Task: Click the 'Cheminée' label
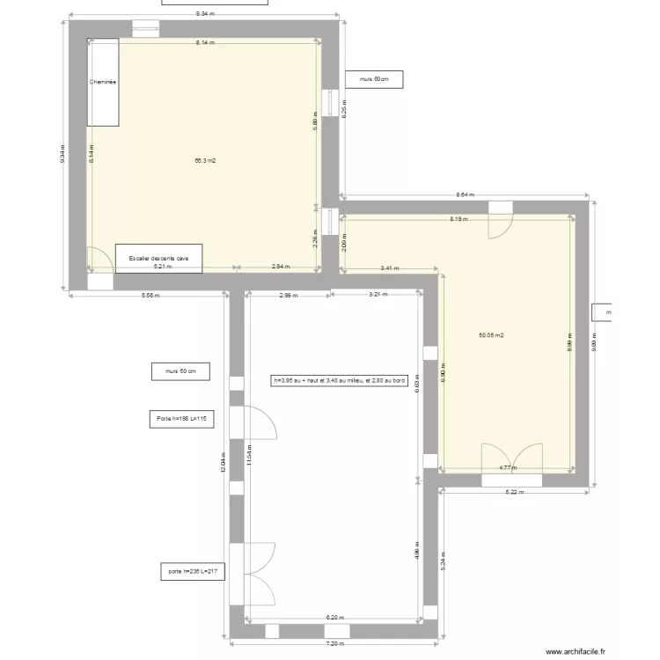103,82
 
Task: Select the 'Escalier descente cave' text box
159,258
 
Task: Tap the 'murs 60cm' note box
374,80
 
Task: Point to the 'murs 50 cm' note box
180,372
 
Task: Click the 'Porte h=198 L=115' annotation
181,419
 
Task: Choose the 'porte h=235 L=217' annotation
192,572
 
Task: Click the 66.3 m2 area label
205,161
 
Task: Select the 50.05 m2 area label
491,335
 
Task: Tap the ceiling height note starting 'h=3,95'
340,381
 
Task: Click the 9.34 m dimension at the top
205,14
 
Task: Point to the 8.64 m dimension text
465,195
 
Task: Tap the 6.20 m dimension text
334,618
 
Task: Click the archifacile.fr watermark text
576,652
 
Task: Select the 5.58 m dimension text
150,296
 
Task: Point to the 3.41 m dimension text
389,268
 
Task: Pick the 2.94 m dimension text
280,266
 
